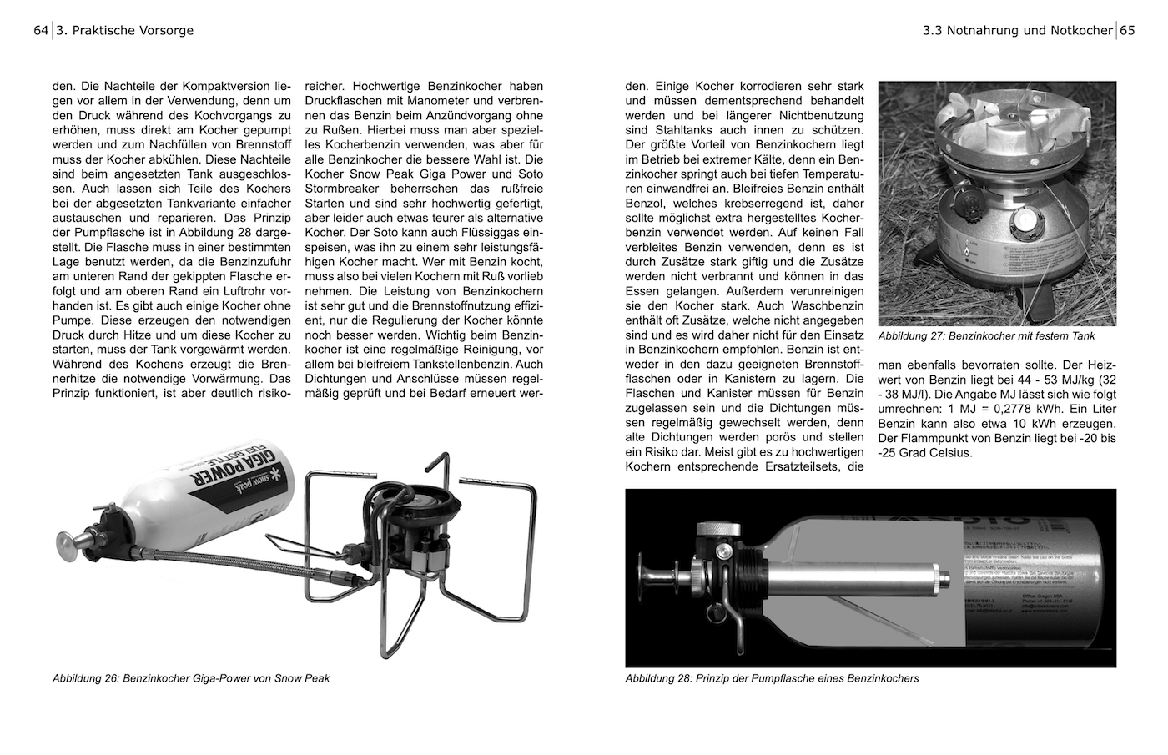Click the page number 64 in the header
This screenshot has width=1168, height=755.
click(x=41, y=31)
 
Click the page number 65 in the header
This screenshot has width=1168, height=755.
click(x=1127, y=31)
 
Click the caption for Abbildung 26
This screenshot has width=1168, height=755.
click(x=191, y=678)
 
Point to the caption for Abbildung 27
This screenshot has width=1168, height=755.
click(x=986, y=336)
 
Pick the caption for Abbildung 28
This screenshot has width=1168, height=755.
click(x=772, y=678)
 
